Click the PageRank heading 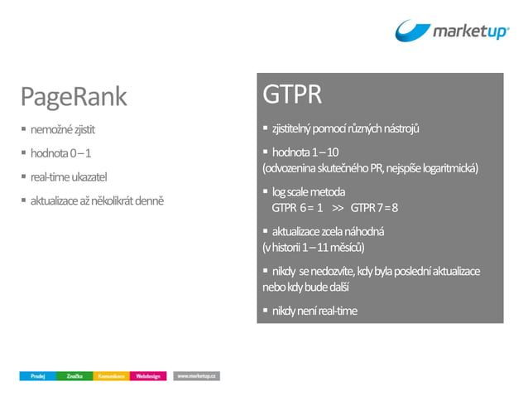74,97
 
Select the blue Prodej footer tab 37,376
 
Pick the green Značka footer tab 74,376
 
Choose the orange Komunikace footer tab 111,376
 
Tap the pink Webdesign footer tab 149,376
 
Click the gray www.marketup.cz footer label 197,376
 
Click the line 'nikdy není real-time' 314,311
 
